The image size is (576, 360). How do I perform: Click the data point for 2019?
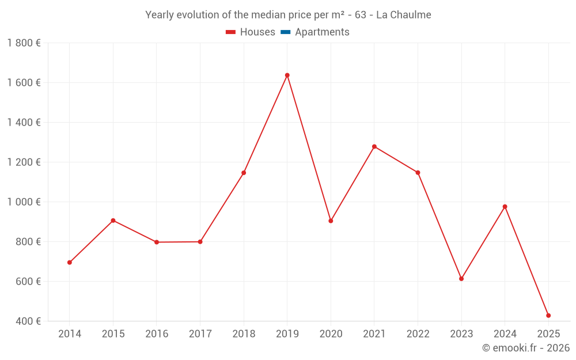[x=287, y=75]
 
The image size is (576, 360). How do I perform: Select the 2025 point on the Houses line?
[x=548, y=316]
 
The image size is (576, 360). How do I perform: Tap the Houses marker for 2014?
[x=70, y=263]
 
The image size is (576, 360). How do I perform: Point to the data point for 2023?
[x=461, y=279]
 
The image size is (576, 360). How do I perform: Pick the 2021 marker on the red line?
[x=374, y=147]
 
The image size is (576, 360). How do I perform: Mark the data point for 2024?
[x=505, y=207]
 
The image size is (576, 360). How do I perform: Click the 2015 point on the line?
[x=113, y=221]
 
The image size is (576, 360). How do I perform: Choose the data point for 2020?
[x=331, y=221]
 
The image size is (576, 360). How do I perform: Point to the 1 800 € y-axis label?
[x=24, y=43]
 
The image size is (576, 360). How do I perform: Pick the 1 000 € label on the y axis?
[x=24, y=202]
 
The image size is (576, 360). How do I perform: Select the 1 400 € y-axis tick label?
[x=24, y=123]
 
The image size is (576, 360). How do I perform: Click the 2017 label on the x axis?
[x=200, y=334]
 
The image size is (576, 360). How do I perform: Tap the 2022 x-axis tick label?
[x=418, y=334]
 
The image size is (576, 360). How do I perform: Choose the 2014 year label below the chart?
[x=70, y=334]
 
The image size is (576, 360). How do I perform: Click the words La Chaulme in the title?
[x=403, y=15]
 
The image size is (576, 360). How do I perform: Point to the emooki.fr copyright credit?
[x=525, y=348]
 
